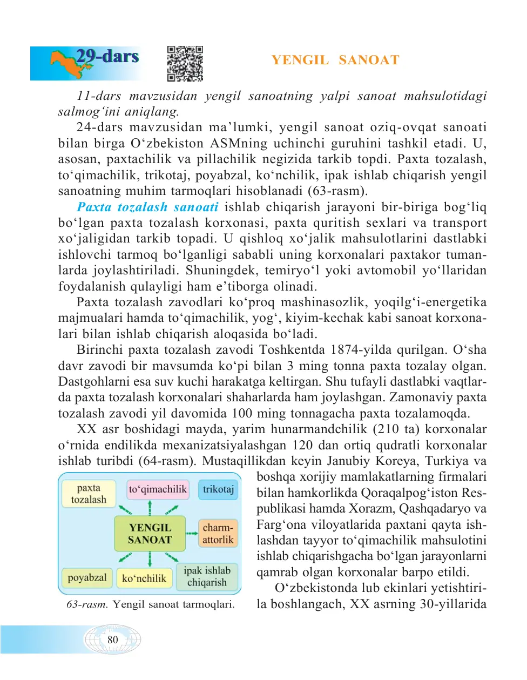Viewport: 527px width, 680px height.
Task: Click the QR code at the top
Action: (185, 64)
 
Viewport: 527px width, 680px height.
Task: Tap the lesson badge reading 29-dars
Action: (107, 56)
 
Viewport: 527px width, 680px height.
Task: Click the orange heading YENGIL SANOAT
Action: (335, 60)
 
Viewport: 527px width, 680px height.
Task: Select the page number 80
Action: (112, 640)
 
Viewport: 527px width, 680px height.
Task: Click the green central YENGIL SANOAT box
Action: (150, 534)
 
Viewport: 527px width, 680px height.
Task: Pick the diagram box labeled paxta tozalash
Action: (89, 494)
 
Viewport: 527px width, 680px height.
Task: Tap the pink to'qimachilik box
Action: (158, 489)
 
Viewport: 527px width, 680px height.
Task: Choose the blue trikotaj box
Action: (218, 489)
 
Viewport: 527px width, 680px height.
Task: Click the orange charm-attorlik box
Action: (218, 534)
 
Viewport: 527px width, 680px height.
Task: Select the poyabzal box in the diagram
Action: (87, 578)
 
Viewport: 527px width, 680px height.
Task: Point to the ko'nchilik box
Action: (144, 578)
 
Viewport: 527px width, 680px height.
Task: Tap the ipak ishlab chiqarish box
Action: (207, 577)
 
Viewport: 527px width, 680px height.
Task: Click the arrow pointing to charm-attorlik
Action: (192, 534)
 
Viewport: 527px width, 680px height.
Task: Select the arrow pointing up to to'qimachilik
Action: (150, 508)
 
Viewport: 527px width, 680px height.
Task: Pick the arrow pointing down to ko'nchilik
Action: (150, 559)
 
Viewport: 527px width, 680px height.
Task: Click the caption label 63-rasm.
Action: (87, 604)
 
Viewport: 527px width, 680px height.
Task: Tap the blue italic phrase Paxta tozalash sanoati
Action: (147, 207)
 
